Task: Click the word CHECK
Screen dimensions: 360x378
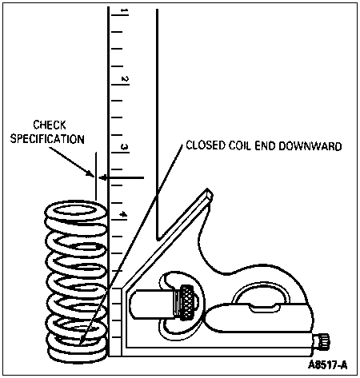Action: pyautogui.click(x=50, y=125)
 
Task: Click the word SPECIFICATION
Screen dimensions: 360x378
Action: pyautogui.click(x=47, y=139)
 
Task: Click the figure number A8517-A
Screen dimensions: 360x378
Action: pyautogui.click(x=328, y=365)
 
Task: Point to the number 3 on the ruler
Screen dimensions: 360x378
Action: pyautogui.click(x=125, y=147)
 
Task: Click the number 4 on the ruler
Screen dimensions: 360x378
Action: pyautogui.click(x=124, y=214)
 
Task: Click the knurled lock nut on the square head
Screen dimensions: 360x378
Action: pyautogui.click(x=187, y=303)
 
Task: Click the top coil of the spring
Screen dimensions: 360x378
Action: pyautogui.click(x=76, y=211)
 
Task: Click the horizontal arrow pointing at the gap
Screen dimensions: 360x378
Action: pyautogui.click(x=122, y=177)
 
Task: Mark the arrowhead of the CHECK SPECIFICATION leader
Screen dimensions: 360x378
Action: pyautogui.click(x=91, y=173)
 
